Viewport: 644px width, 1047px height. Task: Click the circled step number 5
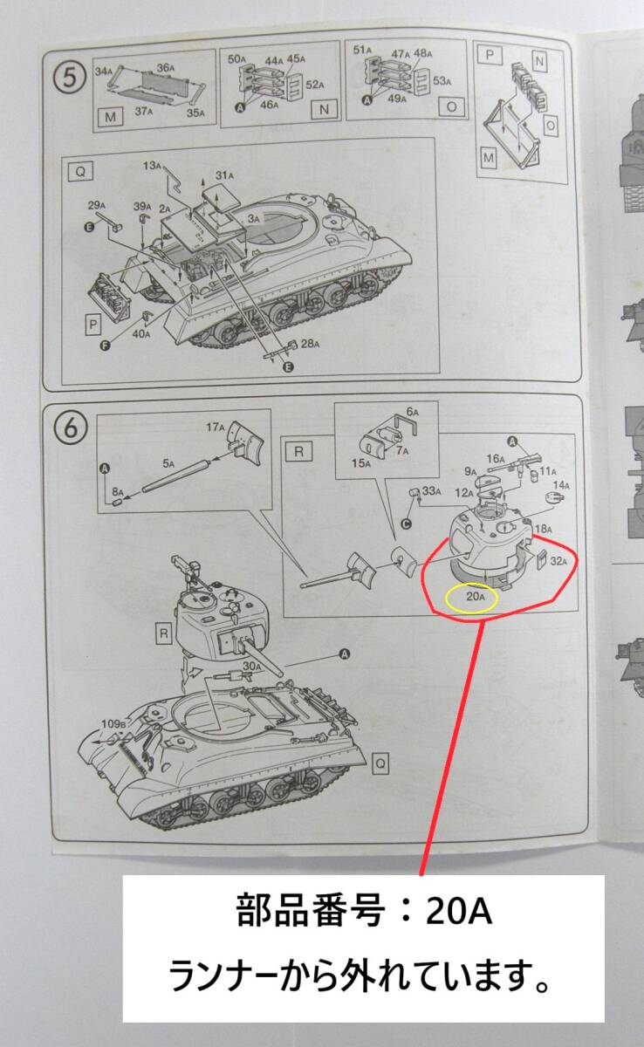(69, 78)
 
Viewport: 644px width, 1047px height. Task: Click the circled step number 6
(70, 428)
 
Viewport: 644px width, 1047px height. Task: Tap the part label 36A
(166, 67)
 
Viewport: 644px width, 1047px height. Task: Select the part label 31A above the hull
(224, 175)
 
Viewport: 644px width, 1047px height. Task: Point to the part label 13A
(152, 166)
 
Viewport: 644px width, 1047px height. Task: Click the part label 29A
(97, 205)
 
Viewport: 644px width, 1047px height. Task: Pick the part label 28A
(311, 344)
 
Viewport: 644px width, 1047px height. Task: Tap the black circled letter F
(106, 346)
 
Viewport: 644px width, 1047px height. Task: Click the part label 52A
(315, 85)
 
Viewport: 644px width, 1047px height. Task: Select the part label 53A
(442, 81)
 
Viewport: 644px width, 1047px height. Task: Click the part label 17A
(216, 427)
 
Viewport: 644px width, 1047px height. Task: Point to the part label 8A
(117, 492)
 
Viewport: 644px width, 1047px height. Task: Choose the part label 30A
(252, 666)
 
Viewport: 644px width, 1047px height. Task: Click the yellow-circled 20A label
(476, 596)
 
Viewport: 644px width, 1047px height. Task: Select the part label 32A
(559, 561)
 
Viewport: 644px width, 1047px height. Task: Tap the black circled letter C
(406, 524)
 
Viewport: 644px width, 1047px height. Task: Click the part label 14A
(561, 486)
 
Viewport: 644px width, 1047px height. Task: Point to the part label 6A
(413, 412)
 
